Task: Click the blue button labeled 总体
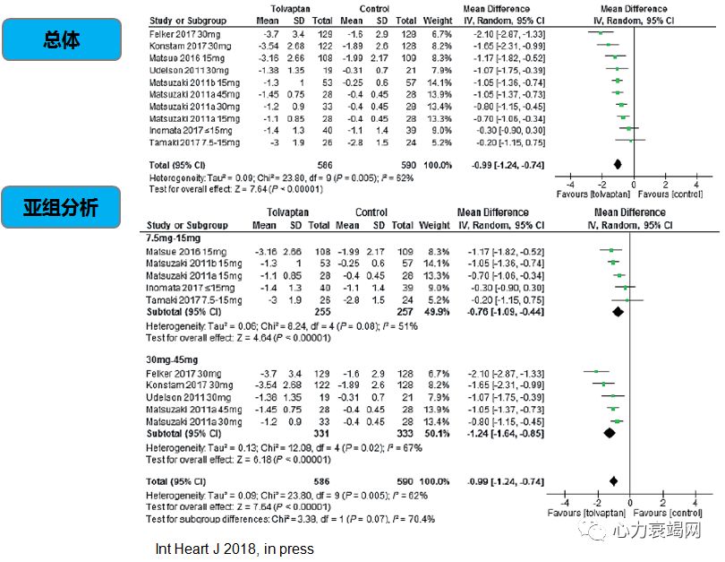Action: pyautogui.click(x=61, y=39)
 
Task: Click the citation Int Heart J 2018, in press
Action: pyautogui.click(x=235, y=548)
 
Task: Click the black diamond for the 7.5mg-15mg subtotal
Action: pyautogui.click(x=617, y=312)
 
